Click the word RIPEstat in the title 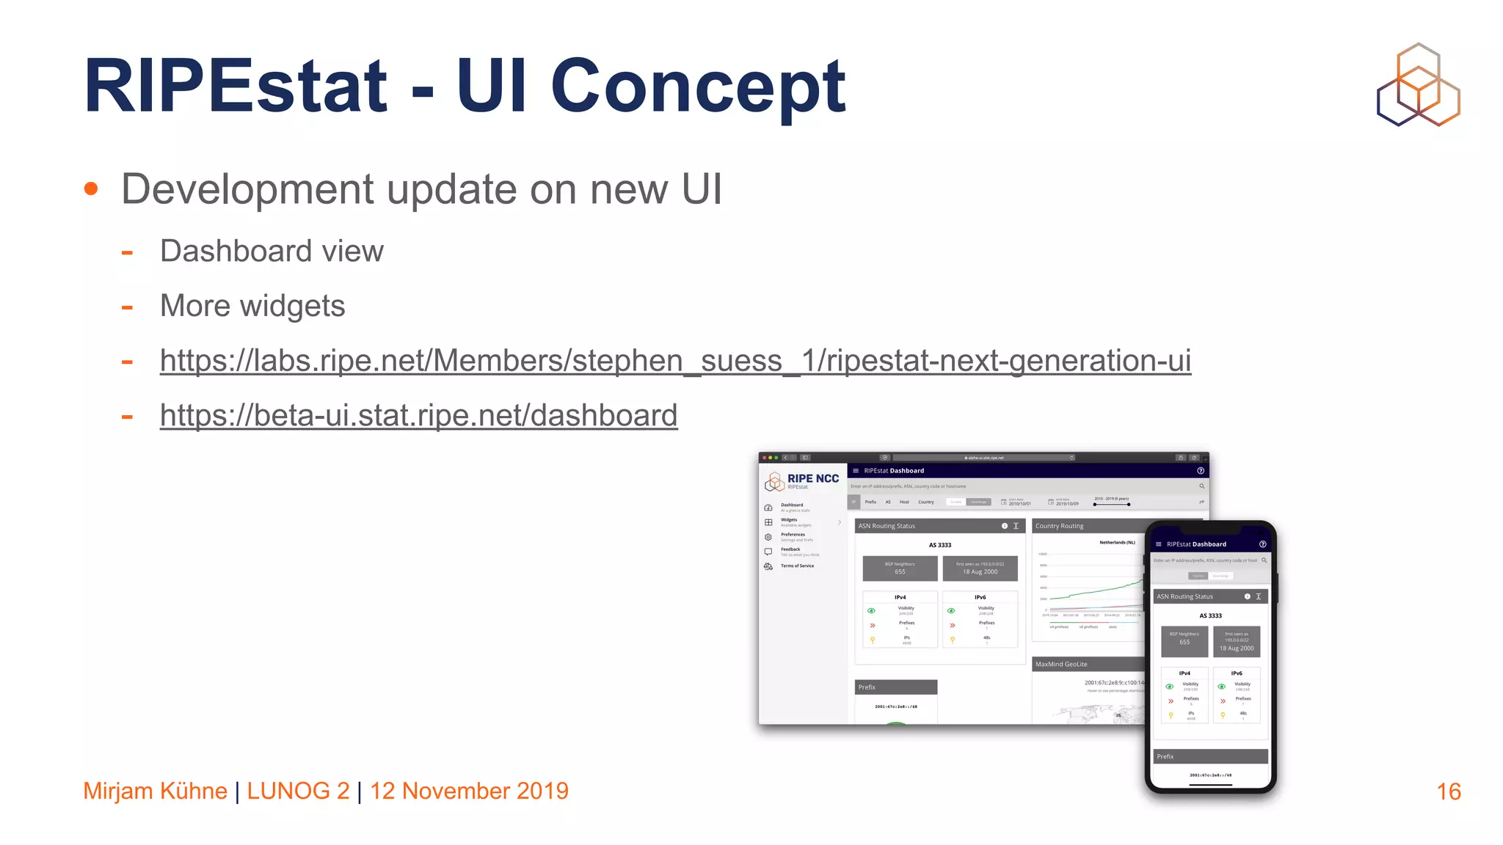click(x=235, y=87)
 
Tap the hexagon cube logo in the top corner click(x=1418, y=85)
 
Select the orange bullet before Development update click(x=91, y=189)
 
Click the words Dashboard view click(x=272, y=251)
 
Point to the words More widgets click(x=252, y=306)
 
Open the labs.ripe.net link click(x=675, y=361)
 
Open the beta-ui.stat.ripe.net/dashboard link click(x=418, y=415)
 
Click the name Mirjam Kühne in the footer click(x=155, y=791)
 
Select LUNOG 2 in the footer click(x=298, y=791)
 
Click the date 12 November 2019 click(x=469, y=791)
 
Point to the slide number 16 click(x=1448, y=791)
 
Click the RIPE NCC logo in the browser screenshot click(x=802, y=481)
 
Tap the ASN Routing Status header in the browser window click(x=887, y=526)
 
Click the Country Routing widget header click(x=1059, y=526)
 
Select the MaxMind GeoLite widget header click(x=1061, y=664)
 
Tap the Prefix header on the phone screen click(x=1165, y=756)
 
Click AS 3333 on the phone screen click(x=1210, y=615)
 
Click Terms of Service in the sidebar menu click(x=797, y=566)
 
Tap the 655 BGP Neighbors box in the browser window click(x=900, y=568)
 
